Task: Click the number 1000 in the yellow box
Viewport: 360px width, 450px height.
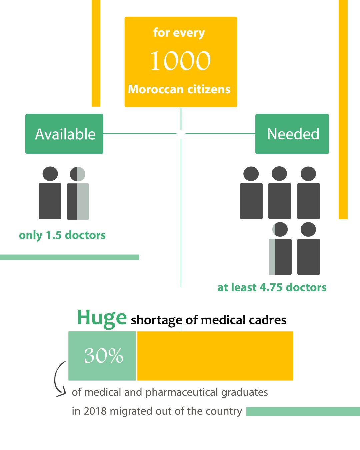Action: [x=180, y=61]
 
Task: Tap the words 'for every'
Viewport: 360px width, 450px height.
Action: [x=179, y=33]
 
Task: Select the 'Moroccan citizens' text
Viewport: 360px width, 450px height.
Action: [x=179, y=89]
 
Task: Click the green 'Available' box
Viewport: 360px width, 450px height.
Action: [x=64, y=134]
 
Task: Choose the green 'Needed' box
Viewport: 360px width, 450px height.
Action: [x=292, y=134]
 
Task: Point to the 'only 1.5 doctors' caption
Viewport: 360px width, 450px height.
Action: [x=62, y=235]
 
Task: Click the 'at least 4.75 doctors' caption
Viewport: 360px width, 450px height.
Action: [x=272, y=287]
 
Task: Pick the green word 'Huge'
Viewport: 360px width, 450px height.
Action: [x=102, y=318]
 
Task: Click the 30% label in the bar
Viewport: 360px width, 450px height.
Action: [x=103, y=356]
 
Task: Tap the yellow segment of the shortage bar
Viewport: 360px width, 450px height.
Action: [x=215, y=356]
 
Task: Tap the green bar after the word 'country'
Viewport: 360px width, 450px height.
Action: [x=303, y=412]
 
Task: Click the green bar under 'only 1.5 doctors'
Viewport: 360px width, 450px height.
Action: [x=69, y=257]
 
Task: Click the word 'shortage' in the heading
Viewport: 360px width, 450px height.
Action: [x=156, y=320]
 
